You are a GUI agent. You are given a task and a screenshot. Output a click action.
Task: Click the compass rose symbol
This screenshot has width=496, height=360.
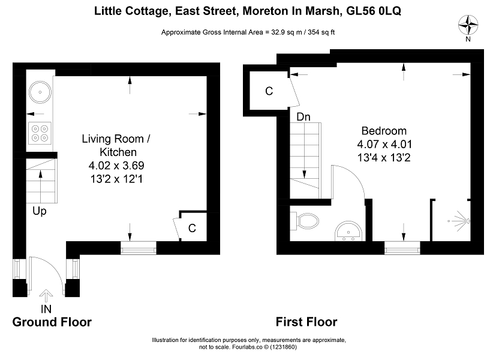click(x=468, y=25)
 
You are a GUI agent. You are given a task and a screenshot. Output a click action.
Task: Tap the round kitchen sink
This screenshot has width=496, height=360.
click(x=40, y=92)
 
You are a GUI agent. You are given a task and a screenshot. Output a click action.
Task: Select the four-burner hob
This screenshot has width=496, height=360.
click(x=40, y=133)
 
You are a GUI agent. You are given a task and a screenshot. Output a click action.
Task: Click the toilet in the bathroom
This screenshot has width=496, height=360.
click(x=305, y=220)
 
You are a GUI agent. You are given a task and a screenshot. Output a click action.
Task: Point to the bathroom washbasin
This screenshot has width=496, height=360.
click(x=348, y=232)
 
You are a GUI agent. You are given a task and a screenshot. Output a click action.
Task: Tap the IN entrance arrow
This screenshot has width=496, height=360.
click(x=46, y=296)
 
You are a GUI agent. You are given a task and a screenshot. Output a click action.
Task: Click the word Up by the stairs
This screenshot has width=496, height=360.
click(x=40, y=211)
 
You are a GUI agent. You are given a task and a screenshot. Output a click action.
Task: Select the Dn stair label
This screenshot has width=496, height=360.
click(x=303, y=117)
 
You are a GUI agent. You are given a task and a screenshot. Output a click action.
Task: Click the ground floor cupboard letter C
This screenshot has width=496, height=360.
click(x=192, y=228)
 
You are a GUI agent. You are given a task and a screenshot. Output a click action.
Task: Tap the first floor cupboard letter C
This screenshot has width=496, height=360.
click(x=269, y=91)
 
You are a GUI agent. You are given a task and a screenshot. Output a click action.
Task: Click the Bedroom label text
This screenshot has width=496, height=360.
click(x=384, y=131)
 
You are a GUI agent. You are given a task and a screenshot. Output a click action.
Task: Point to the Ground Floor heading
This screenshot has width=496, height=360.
click(x=52, y=322)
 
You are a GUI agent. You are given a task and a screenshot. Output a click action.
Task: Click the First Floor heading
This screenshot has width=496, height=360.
click(x=306, y=322)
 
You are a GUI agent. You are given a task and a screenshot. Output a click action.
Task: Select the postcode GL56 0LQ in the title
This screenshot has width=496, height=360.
click(x=374, y=11)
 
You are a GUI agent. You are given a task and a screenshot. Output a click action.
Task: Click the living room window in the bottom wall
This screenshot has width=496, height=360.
click(x=139, y=248)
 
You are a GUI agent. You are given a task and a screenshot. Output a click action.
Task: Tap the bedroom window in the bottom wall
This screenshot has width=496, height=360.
click(x=402, y=248)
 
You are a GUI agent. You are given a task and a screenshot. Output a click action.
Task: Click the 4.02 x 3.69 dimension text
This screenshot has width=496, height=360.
click(x=116, y=166)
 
